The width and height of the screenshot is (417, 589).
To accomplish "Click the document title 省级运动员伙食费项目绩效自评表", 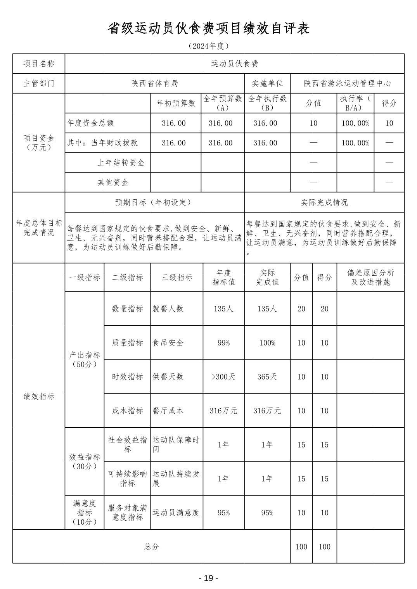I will tap(208, 28).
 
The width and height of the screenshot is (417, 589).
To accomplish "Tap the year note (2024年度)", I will tap(208, 46).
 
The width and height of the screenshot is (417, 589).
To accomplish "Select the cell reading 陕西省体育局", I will tap(154, 83).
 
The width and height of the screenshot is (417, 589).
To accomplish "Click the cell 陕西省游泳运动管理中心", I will tap(347, 83).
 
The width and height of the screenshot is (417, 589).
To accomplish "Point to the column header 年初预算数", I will tap(175, 103).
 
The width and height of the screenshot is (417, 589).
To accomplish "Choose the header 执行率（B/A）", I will tap(355, 103).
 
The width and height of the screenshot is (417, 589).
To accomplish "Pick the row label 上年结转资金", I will tap(121, 163).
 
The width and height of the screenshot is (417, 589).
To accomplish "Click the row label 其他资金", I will tap(113, 182).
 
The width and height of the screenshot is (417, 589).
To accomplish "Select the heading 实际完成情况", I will tap(324, 202).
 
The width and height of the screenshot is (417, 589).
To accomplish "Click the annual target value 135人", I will tap(223, 309).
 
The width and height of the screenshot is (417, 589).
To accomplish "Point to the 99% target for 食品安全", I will tap(223, 343).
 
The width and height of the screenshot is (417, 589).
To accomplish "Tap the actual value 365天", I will tap(267, 377).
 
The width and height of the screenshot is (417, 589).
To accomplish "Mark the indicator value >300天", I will tap(223, 377).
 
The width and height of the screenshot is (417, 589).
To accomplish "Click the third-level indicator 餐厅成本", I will tap(168, 411).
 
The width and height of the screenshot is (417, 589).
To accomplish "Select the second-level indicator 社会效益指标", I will tap(127, 444).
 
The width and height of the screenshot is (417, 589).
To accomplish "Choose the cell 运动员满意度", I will tap(176, 513).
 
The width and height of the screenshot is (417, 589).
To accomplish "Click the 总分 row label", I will tap(151, 547).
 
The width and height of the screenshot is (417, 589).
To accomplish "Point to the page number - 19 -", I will tap(208, 578).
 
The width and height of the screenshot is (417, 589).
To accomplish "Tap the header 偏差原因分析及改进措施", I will tap(370, 277).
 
